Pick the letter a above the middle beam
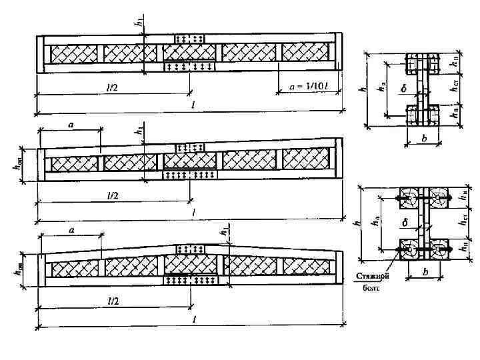(69, 124)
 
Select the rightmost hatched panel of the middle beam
(307, 159)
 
